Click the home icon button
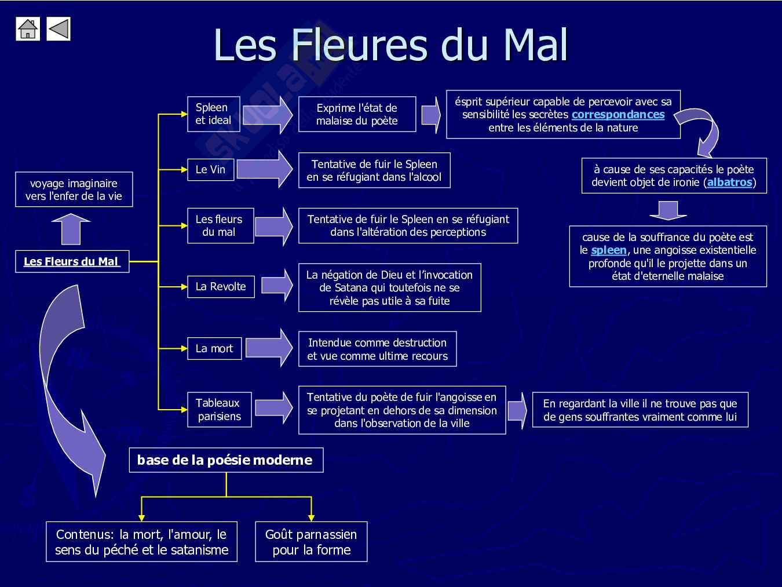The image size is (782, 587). click(x=27, y=29)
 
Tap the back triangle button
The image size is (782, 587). click(x=58, y=29)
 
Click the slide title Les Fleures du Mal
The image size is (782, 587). click(x=390, y=45)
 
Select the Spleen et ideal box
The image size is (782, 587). click(x=213, y=114)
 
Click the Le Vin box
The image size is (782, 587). click(x=210, y=170)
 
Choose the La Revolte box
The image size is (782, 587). click(x=221, y=287)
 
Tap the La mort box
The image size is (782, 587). click(x=214, y=349)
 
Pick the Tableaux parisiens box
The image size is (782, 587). click(x=219, y=410)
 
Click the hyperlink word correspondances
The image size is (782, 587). click(x=617, y=115)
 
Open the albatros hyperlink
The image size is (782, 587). click(x=729, y=183)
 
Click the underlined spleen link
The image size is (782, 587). click(x=608, y=250)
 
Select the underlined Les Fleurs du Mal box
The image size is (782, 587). click(x=72, y=261)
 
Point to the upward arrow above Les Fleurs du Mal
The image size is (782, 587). click(x=71, y=229)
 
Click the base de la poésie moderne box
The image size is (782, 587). click(x=225, y=460)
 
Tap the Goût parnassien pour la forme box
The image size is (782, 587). click(x=311, y=542)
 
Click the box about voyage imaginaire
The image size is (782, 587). click(x=74, y=189)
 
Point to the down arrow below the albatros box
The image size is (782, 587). click(x=668, y=210)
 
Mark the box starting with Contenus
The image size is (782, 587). click(x=142, y=542)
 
